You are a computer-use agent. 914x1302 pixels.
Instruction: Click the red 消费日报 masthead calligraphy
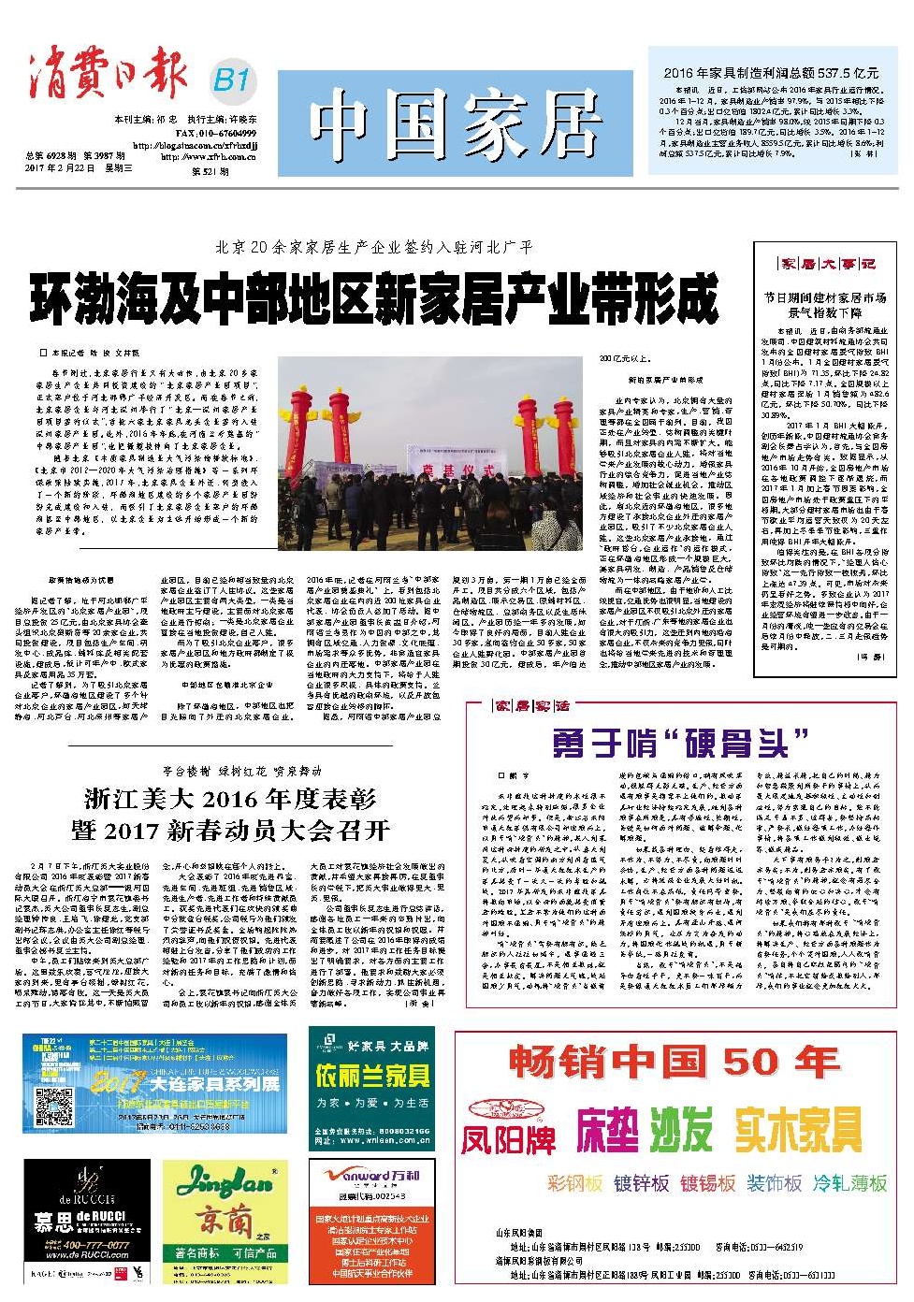click(x=107, y=75)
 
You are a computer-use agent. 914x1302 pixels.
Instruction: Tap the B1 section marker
click(x=230, y=80)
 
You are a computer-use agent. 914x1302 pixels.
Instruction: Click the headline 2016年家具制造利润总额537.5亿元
click(x=771, y=73)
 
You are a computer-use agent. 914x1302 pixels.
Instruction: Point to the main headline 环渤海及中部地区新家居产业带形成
click(x=373, y=297)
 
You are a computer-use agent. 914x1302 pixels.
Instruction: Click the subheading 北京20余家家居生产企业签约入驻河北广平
click(x=373, y=248)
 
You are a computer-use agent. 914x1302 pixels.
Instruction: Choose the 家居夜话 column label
click(x=531, y=705)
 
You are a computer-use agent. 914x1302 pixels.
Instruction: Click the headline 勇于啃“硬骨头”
click(x=680, y=744)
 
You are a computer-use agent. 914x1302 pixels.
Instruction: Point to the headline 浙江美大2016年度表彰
click(x=230, y=799)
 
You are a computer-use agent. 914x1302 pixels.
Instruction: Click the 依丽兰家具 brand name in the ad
click(x=372, y=1076)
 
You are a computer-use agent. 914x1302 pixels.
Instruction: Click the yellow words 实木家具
click(x=798, y=1130)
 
